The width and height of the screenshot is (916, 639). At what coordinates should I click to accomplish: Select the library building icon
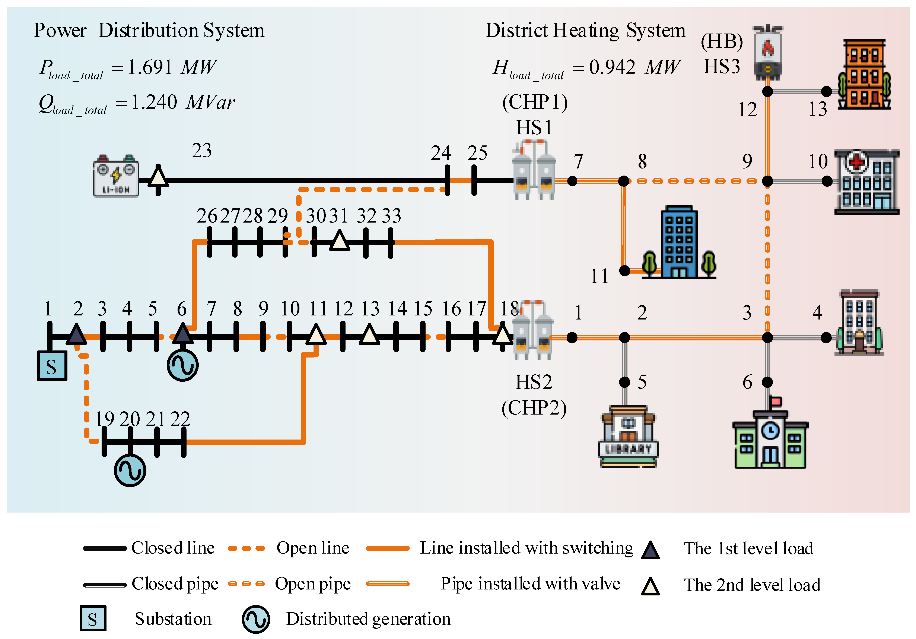pos(628,437)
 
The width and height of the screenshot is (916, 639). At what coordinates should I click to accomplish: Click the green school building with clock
pos(770,439)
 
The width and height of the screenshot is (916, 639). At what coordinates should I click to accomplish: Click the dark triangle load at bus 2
pos(76,334)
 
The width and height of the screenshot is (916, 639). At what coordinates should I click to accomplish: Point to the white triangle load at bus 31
pos(340,241)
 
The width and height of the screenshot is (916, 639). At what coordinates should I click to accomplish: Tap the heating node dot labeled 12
pos(767,91)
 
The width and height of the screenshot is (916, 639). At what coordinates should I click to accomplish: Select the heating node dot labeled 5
pos(624,382)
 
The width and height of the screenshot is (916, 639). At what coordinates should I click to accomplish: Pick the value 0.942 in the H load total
pos(612,67)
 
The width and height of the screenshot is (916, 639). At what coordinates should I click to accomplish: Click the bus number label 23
pos(201,151)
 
